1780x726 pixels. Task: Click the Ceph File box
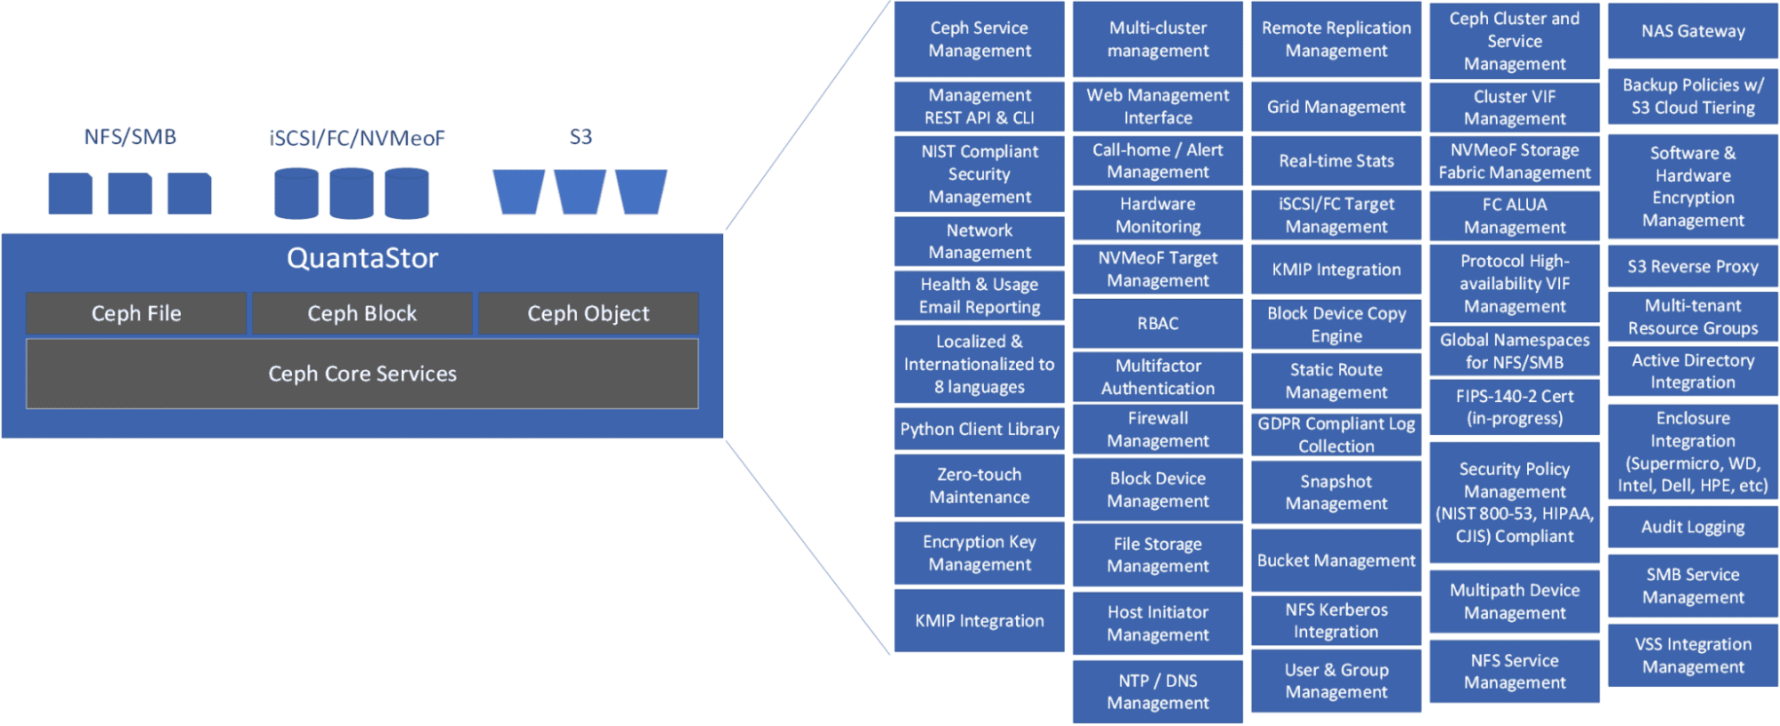[x=136, y=313]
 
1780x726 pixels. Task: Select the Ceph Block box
[x=362, y=313]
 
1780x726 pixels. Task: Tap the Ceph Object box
[x=588, y=313]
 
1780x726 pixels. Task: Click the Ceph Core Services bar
[x=362, y=374]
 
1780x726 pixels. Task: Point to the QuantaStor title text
[x=362, y=258]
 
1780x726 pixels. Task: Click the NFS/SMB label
[x=130, y=137]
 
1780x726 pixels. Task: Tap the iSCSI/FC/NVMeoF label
[x=356, y=138]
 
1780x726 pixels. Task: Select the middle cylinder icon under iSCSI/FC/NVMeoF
[x=352, y=193]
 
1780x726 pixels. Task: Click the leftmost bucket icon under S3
[x=518, y=192]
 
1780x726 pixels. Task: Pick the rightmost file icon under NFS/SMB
[x=190, y=193]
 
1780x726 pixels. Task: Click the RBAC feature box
[x=1158, y=323]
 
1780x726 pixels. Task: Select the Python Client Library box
[x=979, y=429]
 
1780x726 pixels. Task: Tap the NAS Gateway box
[x=1693, y=31]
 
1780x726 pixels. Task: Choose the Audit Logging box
[x=1693, y=527]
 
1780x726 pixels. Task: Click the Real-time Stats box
[x=1336, y=161]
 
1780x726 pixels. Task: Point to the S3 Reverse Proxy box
[x=1693, y=266]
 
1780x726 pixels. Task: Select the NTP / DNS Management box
[x=1158, y=691]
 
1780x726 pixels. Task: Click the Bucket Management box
[x=1336, y=561]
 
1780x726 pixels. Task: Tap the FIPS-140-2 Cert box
[x=1514, y=407]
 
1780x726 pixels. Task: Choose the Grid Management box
[x=1336, y=107]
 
